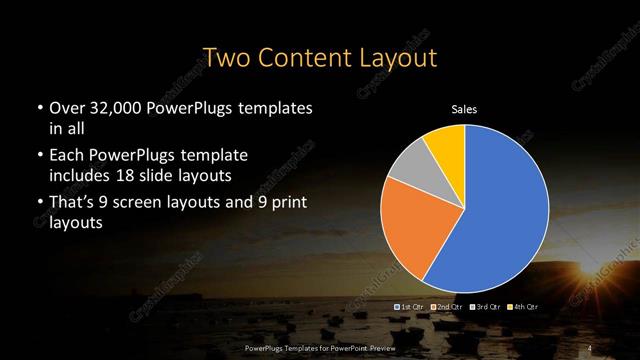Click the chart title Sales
[x=464, y=109]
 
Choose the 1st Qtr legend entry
[x=411, y=306]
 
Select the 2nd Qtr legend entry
[x=446, y=306]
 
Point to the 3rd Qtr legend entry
[x=485, y=306]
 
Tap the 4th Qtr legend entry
[x=523, y=306]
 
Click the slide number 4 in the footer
[x=591, y=347]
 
